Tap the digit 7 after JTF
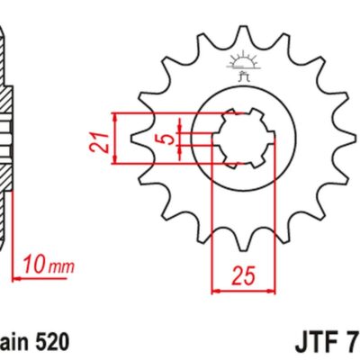(352, 343)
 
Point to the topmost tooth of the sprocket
(241, 33)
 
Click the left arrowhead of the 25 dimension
(215, 291)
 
